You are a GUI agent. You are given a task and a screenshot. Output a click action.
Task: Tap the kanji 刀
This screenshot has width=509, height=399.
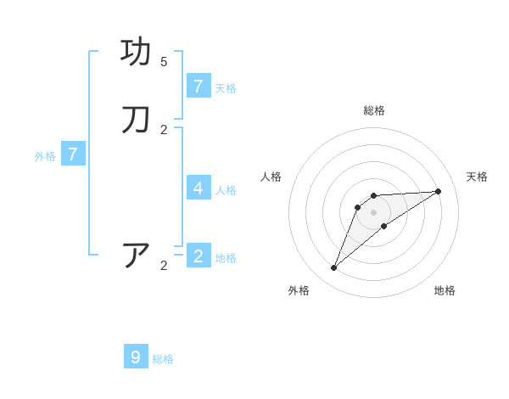coord(137,121)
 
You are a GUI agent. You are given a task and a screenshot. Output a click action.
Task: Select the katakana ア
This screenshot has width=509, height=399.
coord(137,256)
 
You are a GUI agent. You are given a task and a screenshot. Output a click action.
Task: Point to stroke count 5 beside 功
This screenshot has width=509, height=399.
coord(164,62)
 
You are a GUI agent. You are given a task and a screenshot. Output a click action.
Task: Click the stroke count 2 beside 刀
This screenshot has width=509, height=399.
coord(164,130)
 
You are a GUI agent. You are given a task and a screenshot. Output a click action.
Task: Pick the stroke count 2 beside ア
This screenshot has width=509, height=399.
coord(164,266)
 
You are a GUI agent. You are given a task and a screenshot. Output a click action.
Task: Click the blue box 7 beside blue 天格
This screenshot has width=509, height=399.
coord(199,86)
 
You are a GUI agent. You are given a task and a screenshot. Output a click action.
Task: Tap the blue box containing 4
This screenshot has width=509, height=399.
coord(199,188)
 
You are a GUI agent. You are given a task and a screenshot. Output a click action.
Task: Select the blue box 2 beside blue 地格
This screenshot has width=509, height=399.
coord(199,256)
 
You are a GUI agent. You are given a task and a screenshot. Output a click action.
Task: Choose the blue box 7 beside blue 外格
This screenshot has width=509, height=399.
coord(73,155)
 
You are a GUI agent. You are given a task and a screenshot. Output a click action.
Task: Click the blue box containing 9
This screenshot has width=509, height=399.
coord(136,357)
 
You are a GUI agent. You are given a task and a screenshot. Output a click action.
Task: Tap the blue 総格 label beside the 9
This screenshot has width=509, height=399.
coord(163,359)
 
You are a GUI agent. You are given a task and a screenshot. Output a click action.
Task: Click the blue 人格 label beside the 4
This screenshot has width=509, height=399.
coord(226,189)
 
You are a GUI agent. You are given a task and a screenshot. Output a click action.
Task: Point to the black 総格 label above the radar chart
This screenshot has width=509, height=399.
coord(374,110)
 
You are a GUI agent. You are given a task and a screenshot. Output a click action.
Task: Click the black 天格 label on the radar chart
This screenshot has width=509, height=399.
coord(477,177)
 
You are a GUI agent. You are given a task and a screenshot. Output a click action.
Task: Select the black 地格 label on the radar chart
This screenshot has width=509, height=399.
coord(445,290)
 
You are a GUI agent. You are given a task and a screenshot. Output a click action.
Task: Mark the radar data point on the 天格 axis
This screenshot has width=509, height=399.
coord(438,191)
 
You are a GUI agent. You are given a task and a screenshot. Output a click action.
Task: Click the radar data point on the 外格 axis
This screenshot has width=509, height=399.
coord(333,268)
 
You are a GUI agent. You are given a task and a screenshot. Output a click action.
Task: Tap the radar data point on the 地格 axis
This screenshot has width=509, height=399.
coord(384,226)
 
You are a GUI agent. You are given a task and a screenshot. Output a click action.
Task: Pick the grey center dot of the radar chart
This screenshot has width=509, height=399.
coord(374,212)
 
